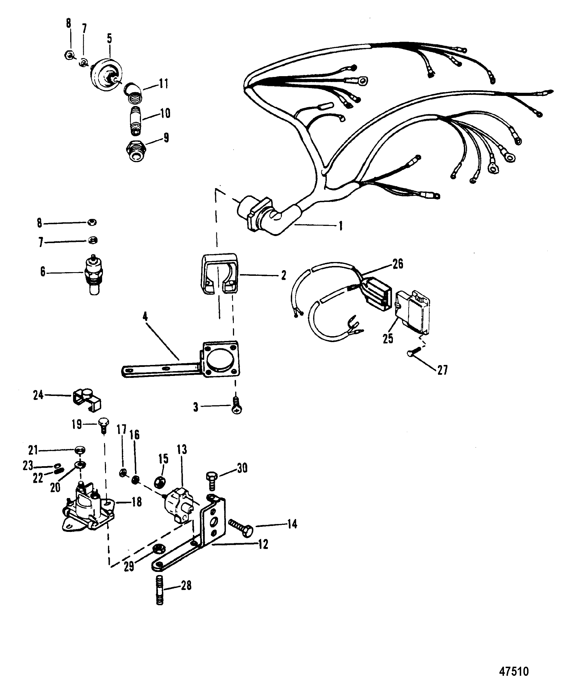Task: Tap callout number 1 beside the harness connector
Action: coord(340,226)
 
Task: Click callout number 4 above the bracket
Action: coord(145,317)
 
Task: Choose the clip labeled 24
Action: coord(86,400)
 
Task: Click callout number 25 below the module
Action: coord(388,338)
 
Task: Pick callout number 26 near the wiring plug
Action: coord(398,264)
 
